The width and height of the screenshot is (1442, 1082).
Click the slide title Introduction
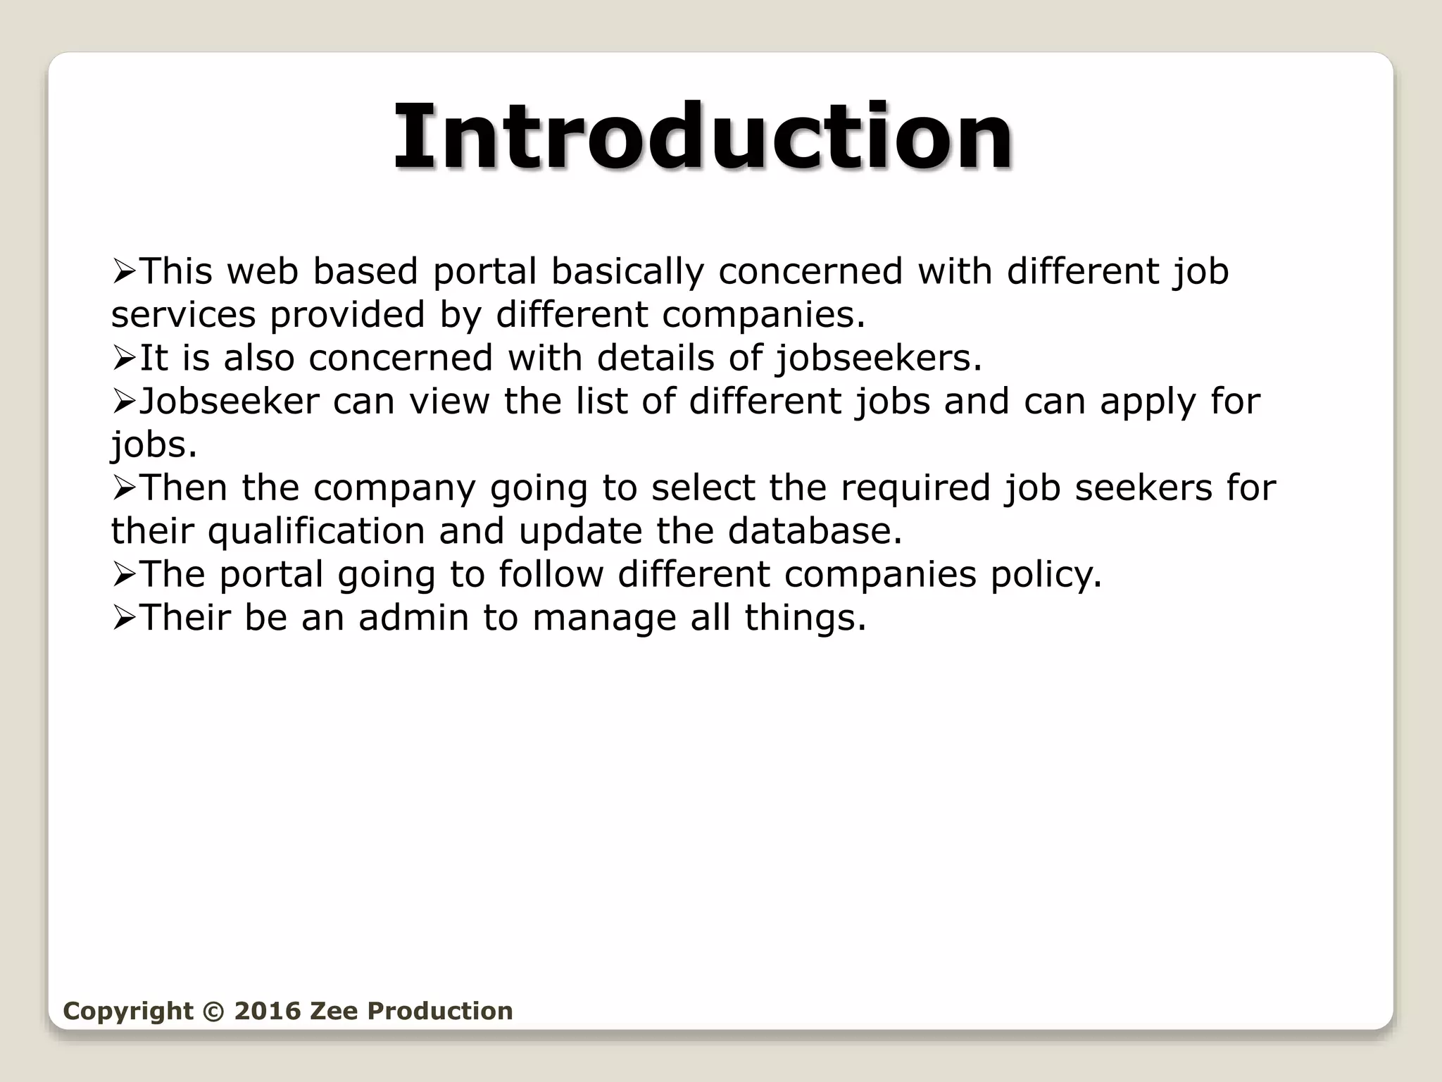(703, 137)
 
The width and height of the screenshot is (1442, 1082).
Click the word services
(183, 315)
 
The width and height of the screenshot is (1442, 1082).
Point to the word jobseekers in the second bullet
(877, 358)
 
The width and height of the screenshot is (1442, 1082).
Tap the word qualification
(316, 531)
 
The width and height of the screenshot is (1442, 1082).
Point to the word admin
(413, 618)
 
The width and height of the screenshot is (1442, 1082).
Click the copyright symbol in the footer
(211, 1011)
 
